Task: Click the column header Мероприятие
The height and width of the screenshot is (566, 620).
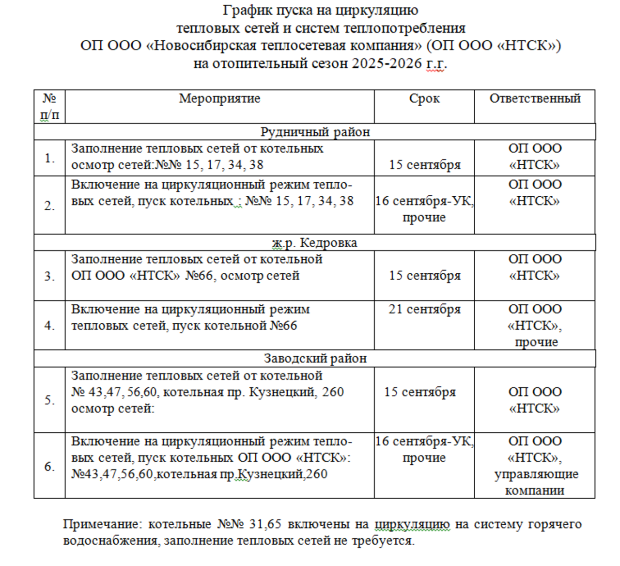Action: coord(219,98)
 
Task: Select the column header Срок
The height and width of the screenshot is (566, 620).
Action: coord(424,98)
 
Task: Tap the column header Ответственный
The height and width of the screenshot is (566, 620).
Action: coord(535,98)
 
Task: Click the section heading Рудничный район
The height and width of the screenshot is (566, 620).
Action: coord(315,132)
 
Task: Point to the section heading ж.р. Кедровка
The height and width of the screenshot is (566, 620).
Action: coord(315,242)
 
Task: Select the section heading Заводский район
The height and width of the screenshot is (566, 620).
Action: coord(315,359)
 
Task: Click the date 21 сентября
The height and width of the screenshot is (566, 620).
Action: coord(424,309)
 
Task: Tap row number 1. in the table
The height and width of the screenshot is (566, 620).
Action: coord(49,158)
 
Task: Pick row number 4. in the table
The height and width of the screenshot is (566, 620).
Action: coord(49,325)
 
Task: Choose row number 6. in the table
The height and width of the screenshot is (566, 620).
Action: coord(49,466)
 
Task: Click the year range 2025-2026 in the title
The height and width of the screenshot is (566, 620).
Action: coord(387,63)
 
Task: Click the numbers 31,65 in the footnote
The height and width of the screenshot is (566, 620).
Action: coord(265,524)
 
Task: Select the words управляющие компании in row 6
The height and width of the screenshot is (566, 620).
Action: coord(535,482)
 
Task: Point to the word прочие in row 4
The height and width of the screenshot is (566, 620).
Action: coord(536,342)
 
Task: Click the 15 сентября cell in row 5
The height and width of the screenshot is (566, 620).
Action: coord(420,392)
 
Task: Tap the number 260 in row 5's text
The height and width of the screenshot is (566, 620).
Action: coord(333,392)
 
